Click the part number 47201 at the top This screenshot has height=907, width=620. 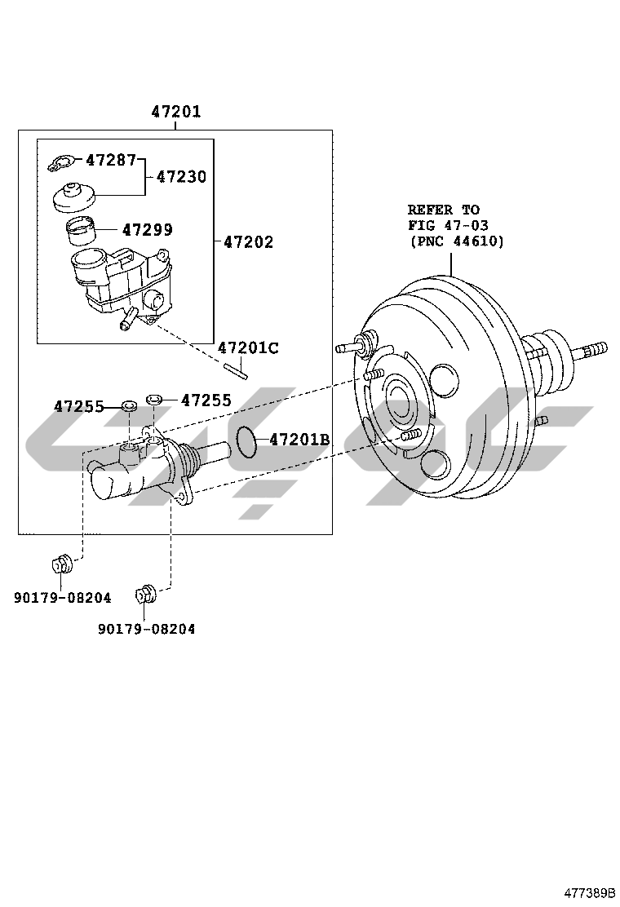tap(175, 112)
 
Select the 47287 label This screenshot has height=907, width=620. tap(110, 160)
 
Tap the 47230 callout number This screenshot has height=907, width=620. tap(181, 176)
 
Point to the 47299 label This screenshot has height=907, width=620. tap(147, 230)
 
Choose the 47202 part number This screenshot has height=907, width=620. tap(248, 242)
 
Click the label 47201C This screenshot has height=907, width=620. tap(248, 348)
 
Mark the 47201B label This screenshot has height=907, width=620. tap(299, 440)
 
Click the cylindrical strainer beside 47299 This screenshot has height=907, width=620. tap(79, 232)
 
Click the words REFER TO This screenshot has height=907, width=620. tap(443, 210)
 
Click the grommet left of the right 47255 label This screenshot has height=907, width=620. tap(153, 399)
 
